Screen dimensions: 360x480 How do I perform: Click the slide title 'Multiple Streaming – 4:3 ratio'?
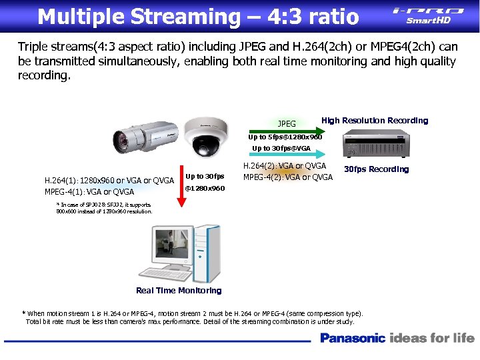[198, 16]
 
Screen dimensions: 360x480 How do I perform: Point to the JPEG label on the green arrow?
[287, 123]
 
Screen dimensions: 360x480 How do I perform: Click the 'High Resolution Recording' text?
[375, 121]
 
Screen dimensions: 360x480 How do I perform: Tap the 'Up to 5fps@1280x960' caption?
[285, 137]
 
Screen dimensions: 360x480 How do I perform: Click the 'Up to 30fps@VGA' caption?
[281, 148]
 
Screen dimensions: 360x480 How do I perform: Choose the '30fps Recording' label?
[376, 169]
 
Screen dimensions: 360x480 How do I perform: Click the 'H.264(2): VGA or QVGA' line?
[285, 166]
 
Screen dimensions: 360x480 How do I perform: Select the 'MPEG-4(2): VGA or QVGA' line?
[288, 177]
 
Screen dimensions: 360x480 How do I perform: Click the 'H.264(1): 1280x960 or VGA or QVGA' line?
[109, 180]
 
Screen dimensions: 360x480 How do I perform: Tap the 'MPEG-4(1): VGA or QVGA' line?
[89, 192]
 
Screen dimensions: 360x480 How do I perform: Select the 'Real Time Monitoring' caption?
[179, 290]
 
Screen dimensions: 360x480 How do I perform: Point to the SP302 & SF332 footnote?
[104, 208]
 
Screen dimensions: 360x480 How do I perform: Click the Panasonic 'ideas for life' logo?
[397, 338]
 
